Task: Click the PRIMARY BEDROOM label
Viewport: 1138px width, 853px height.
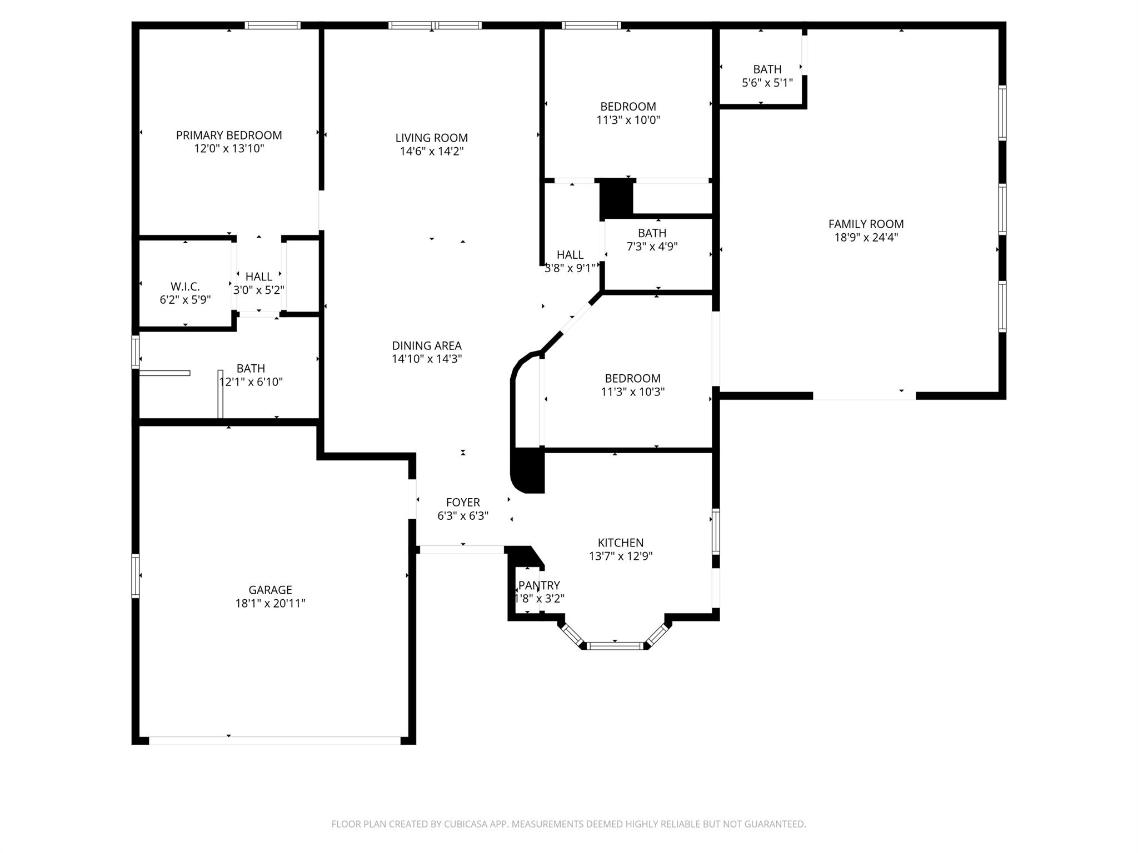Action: pyautogui.click(x=229, y=135)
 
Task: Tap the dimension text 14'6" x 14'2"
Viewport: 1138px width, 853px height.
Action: pyautogui.click(x=432, y=151)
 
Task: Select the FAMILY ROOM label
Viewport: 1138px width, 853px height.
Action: pyautogui.click(x=866, y=224)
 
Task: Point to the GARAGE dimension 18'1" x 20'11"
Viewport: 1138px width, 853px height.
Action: pyautogui.click(x=270, y=603)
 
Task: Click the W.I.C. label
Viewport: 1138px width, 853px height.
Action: pyautogui.click(x=185, y=287)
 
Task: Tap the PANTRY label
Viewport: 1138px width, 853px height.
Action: pyautogui.click(x=539, y=585)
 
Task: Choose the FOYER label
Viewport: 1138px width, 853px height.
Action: pyautogui.click(x=463, y=502)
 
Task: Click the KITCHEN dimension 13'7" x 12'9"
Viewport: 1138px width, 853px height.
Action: pyautogui.click(x=621, y=556)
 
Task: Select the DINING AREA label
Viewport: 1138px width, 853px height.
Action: pyautogui.click(x=427, y=345)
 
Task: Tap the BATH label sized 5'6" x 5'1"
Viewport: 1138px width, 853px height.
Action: pyautogui.click(x=767, y=69)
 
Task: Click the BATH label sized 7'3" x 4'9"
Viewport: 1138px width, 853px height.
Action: pyautogui.click(x=652, y=233)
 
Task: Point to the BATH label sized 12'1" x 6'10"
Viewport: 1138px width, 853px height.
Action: pyautogui.click(x=251, y=368)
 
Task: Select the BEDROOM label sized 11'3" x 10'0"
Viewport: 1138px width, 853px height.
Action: pyautogui.click(x=628, y=107)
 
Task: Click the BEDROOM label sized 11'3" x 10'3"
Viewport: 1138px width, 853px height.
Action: pyautogui.click(x=632, y=378)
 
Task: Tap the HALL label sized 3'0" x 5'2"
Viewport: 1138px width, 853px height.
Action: pyautogui.click(x=259, y=277)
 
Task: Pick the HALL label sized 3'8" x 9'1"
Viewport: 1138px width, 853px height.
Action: pyautogui.click(x=570, y=255)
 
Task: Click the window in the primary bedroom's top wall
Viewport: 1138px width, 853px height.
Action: pyautogui.click(x=273, y=25)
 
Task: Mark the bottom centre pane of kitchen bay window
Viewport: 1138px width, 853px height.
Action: pyautogui.click(x=615, y=645)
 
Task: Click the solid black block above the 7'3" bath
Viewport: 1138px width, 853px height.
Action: pyautogui.click(x=616, y=198)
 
